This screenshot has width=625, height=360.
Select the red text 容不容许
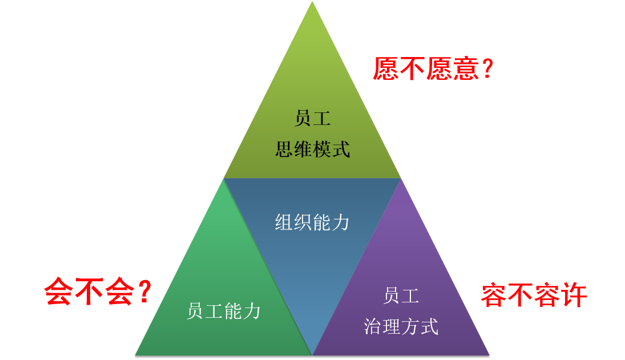click(533, 296)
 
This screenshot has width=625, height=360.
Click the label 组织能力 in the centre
click(312, 223)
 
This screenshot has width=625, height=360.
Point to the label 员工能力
click(224, 311)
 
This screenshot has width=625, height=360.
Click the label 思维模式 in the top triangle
click(312, 149)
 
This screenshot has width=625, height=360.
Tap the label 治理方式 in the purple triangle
click(401, 327)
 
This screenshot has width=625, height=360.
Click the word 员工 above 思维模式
click(312, 119)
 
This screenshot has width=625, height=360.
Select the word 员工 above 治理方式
click(401, 296)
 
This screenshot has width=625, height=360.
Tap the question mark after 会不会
click(144, 292)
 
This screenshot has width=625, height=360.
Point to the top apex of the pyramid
click(312, 2)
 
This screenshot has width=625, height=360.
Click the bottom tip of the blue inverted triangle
click(312, 354)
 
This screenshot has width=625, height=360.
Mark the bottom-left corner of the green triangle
click(136, 354)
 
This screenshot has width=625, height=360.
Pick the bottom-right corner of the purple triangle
click(489, 354)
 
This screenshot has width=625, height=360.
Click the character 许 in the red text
click(573, 296)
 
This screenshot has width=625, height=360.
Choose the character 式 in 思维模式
click(340, 149)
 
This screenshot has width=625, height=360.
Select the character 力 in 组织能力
click(340, 223)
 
